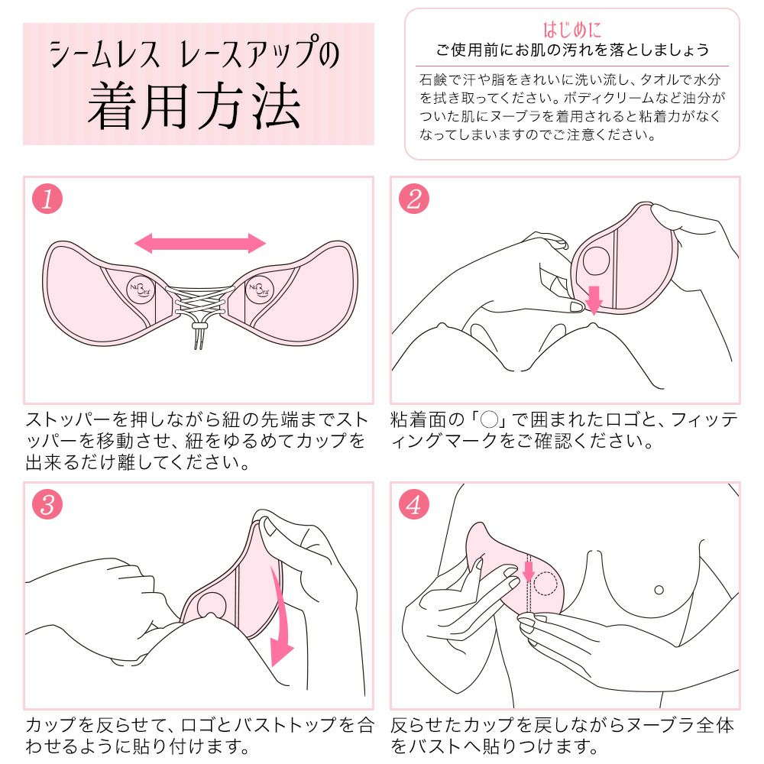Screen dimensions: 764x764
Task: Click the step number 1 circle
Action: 47,200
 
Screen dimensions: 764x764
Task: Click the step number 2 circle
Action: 413,200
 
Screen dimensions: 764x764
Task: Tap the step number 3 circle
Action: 47,506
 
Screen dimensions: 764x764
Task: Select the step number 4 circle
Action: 413,506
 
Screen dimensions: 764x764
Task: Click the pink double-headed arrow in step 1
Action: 200,244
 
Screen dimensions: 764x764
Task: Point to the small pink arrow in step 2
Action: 594,300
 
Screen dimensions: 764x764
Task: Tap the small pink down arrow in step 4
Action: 527,570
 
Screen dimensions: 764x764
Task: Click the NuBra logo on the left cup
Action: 138,287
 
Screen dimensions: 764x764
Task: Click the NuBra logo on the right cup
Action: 258,287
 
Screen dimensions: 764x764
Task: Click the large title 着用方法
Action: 193,107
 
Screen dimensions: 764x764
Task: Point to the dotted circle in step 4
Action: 546,584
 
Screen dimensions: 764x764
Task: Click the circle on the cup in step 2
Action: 597,262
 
